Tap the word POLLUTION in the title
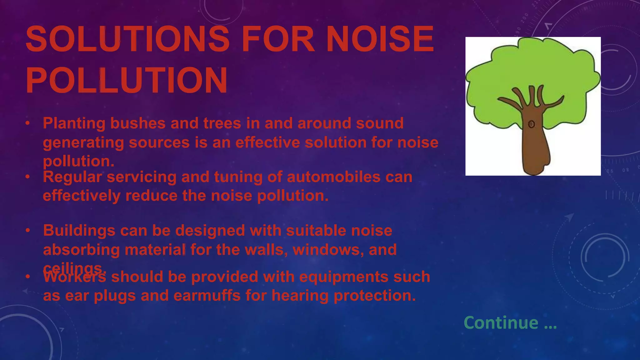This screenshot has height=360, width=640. click(127, 80)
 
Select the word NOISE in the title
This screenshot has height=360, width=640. click(380, 39)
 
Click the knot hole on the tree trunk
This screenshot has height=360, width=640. click(531, 124)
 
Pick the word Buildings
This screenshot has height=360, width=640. click(79, 231)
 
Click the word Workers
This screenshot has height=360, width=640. click(74, 277)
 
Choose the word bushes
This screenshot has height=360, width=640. click(137, 123)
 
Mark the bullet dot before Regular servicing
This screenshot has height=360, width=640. click(27, 177)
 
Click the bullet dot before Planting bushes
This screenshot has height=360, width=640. click(27, 123)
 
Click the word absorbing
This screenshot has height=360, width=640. click(81, 250)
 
